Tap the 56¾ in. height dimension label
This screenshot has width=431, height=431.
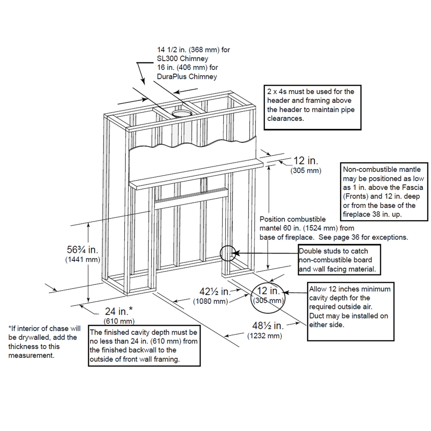82,249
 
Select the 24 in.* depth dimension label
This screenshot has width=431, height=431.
119,311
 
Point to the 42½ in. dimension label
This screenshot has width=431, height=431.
215,292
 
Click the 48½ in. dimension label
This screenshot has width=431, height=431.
268,326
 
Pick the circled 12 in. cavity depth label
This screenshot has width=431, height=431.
268,291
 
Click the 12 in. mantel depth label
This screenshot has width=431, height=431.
305,161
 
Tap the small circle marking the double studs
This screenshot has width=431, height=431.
228,253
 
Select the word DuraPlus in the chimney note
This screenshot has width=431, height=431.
172,77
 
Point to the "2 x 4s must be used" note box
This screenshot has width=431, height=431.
312,107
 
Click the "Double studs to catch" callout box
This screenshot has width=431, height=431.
339,260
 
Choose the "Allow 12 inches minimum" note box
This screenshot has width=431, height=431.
351,311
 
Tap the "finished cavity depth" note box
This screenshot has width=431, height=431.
144,346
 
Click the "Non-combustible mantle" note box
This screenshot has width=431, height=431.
384,192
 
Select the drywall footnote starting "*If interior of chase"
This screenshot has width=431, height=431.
44,342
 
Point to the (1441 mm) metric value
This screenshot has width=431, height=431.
82,260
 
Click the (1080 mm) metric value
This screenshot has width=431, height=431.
210,301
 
